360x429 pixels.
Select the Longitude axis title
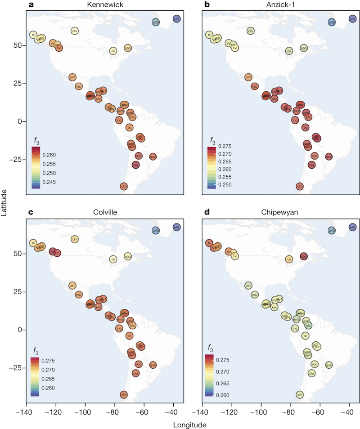(191, 424)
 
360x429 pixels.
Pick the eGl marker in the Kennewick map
(176, 19)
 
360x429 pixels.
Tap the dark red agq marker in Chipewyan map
(304, 256)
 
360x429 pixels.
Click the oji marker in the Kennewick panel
(113, 51)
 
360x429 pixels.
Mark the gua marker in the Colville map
(153, 365)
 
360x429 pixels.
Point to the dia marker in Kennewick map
(135, 165)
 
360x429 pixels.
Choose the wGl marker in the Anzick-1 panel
(332, 22)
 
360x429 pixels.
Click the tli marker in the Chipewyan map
(209, 243)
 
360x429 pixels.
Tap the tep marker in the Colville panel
(78, 295)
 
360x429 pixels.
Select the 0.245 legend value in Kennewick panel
(49, 182)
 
